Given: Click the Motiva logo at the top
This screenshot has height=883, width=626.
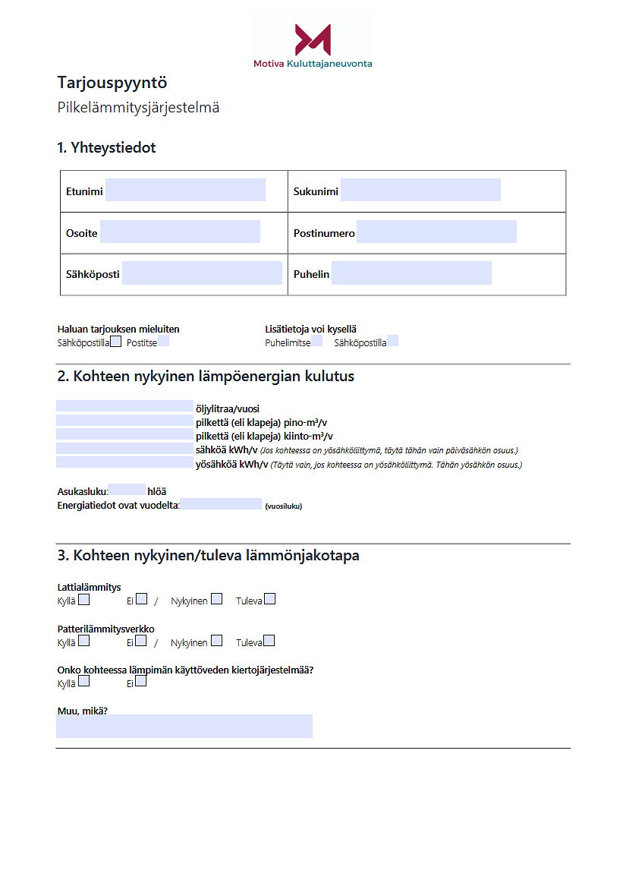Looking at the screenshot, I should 313,44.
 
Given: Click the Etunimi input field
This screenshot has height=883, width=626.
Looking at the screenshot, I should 185,191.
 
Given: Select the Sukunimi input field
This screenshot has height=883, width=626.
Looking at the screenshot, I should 420,191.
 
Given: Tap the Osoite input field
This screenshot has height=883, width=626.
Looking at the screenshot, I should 180,232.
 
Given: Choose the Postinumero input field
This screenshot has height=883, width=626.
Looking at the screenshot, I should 436,232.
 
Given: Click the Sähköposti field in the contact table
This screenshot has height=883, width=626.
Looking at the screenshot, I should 202,273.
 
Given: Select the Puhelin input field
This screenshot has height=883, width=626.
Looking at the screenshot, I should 411,273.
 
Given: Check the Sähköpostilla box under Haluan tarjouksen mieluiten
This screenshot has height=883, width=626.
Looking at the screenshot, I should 115,342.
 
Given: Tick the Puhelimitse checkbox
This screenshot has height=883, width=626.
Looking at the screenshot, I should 316,342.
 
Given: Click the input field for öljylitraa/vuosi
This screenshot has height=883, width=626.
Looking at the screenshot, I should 124,406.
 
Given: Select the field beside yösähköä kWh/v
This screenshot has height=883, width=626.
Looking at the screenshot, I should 124,463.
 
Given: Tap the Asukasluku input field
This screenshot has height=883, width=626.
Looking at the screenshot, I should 127,490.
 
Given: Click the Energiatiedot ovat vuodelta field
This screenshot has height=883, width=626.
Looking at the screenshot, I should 221,504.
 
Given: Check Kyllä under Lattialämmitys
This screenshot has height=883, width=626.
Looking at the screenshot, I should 83,599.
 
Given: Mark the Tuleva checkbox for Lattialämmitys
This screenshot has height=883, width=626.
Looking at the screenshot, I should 269,599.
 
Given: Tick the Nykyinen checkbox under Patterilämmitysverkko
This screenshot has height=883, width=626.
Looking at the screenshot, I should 216,641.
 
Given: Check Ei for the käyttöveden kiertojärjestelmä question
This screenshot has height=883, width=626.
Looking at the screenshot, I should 140,682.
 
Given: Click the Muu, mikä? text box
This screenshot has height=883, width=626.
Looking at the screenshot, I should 184,727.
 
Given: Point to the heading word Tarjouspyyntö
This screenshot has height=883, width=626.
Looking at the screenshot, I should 112,83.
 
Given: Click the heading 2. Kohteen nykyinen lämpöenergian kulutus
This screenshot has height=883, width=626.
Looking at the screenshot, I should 206,377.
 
